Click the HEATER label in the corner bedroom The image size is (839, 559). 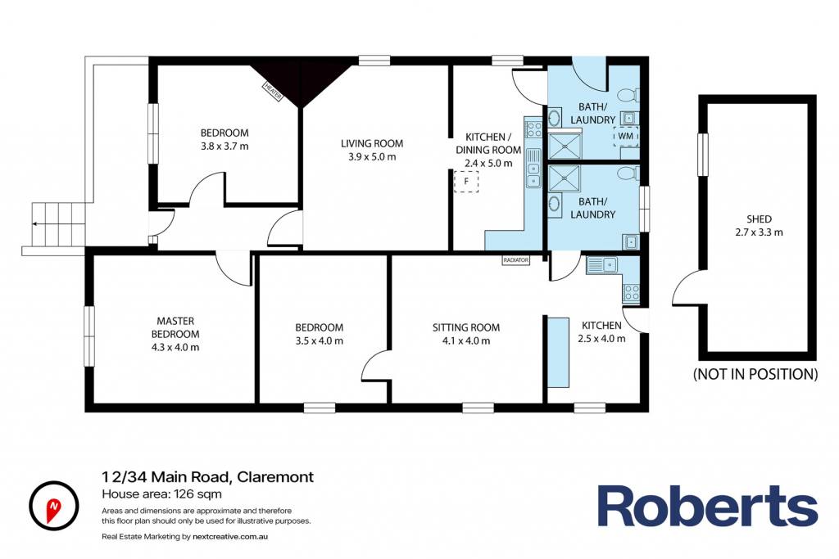click(272, 92)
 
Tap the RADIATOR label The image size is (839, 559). click(516, 260)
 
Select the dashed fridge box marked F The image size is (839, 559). click(466, 182)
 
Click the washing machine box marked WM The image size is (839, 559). click(625, 137)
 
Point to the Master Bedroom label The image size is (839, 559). click(175, 327)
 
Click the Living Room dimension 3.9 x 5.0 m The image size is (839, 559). click(373, 156)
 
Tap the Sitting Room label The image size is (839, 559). click(466, 327)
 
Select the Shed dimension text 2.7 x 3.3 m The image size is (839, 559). click(759, 232)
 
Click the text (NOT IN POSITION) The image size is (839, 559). click(755, 374)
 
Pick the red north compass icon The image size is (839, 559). click(53, 506)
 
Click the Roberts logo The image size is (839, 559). click(707, 506)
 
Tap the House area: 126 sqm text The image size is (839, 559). click(161, 494)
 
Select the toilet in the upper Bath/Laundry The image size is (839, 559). click(628, 95)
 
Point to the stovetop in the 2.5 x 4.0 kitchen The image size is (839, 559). click(631, 292)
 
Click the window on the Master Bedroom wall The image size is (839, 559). click(89, 336)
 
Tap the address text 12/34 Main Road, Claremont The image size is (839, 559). click(208, 476)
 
